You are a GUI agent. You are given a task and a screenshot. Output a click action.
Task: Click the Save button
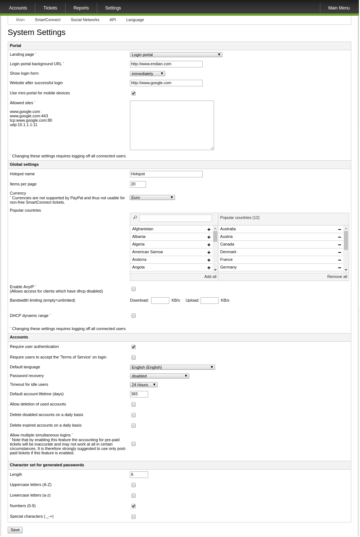coord(15,530)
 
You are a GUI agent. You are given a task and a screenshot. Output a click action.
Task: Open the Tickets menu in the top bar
coord(50,8)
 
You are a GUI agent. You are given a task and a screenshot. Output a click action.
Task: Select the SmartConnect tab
coord(48,20)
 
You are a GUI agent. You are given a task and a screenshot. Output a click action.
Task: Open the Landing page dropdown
coord(176,55)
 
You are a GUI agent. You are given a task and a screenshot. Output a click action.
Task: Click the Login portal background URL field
coord(166,64)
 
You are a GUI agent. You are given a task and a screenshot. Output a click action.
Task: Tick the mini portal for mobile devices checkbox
coord(134,93)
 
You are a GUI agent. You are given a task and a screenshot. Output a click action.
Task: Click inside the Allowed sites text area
coord(172,125)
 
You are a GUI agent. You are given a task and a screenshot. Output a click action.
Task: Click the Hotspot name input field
coord(166,174)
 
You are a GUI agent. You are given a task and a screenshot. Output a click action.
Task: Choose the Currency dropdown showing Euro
coord(152,197)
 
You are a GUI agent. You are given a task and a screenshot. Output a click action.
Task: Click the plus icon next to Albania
coord(209,237)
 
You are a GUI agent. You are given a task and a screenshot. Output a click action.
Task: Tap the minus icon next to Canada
coord(340,245)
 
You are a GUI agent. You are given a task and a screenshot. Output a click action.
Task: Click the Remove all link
coord(337,277)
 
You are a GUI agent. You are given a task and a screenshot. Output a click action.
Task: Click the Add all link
coord(210,277)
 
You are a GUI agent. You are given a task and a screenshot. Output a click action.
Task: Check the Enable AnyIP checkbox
coord(134,289)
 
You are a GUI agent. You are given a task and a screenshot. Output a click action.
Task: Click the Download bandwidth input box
coord(160,301)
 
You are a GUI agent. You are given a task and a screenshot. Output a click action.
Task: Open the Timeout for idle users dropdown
coord(144,385)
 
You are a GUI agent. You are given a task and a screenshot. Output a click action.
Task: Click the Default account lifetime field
coord(139,394)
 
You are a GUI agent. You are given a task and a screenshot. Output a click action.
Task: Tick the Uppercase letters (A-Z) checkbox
coord(134,485)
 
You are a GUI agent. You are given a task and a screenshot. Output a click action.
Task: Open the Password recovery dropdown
coord(159,376)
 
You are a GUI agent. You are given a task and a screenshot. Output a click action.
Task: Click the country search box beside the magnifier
coord(175,218)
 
